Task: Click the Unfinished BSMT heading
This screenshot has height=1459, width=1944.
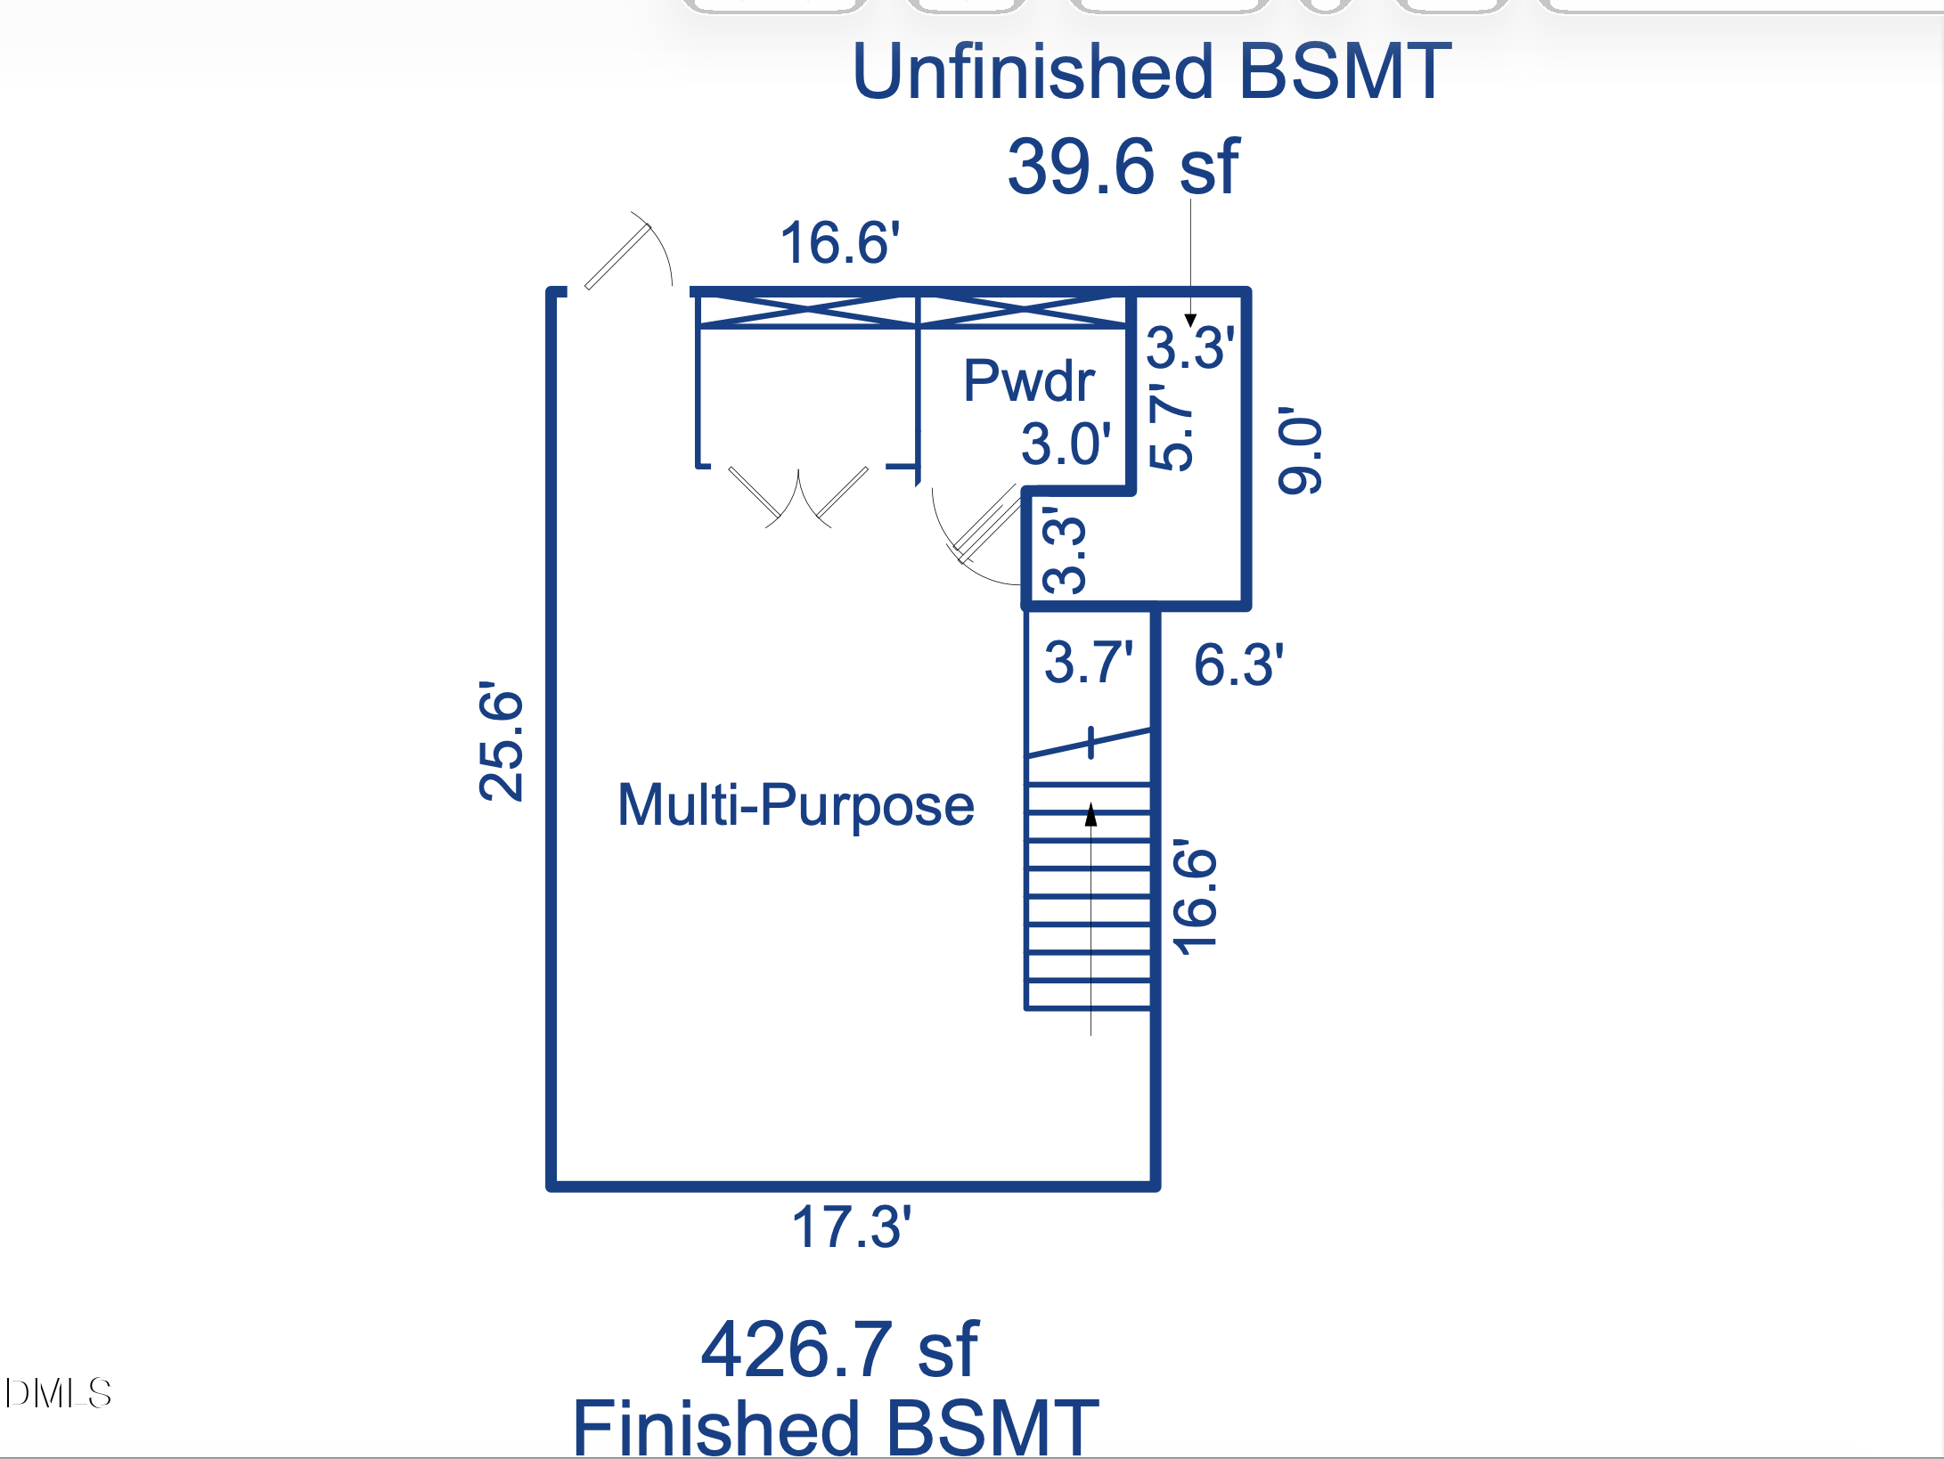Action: tap(1151, 72)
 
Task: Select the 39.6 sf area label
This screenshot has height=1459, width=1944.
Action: tap(1123, 167)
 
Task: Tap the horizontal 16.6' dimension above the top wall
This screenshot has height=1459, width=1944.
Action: tap(839, 242)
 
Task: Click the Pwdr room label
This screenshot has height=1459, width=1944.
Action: tap(1029, 381)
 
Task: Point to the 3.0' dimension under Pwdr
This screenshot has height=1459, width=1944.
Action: tap(1066, 444)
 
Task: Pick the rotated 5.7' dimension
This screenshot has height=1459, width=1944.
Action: tap(1171, 427)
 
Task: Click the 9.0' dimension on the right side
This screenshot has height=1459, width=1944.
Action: tap(1300, 451)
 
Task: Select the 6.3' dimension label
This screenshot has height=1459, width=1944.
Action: tap(1238, 664)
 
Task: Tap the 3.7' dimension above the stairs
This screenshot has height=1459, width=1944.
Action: tap(1089, 663)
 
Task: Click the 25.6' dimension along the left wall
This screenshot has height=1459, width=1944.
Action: tap(501, 741)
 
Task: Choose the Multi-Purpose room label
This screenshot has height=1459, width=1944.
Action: tap(796, 805)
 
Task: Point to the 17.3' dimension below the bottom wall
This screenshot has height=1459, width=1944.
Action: tap(851, 1227)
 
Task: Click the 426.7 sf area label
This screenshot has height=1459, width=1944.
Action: tap(839, 1349)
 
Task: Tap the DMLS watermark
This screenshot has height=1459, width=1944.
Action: tap(59, 1393)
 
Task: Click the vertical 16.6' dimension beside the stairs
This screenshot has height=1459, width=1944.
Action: tap(1195, 897)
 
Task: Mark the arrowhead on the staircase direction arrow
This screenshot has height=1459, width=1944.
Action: tap(1090, 814)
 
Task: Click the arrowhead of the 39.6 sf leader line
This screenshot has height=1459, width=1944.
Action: tap(1190, 320)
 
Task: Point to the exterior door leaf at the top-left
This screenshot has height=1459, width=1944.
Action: tap(618, 257)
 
